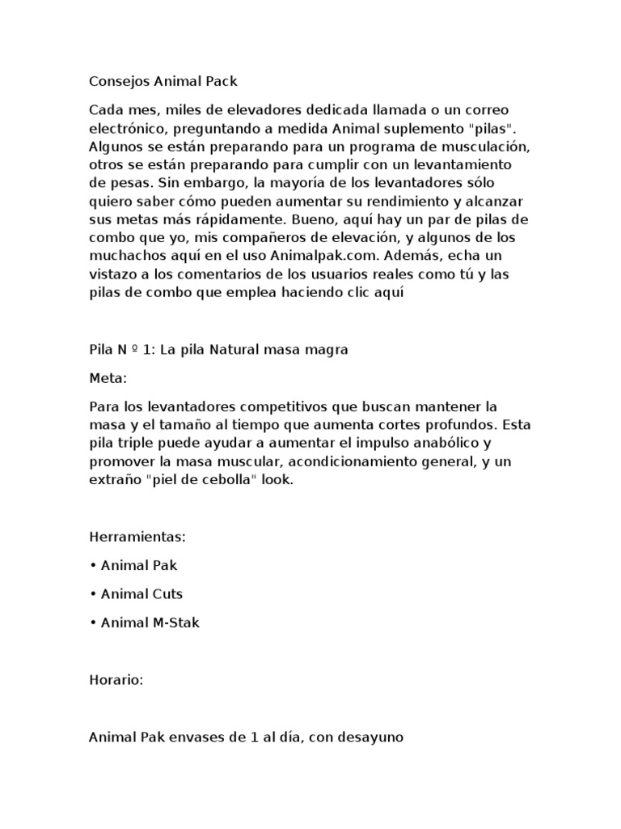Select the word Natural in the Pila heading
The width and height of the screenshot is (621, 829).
(235, 350)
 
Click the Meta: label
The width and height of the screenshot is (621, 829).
(108, 377)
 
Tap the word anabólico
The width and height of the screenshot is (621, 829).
(441, 442)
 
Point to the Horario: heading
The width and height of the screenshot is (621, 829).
(116, 681)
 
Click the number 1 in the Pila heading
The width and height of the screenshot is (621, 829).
(146, 350)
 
